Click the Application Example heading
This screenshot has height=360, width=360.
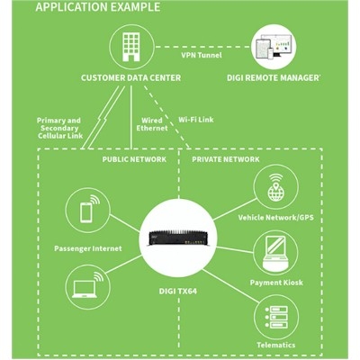point(98,7)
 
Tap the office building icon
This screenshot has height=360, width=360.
point(131,47)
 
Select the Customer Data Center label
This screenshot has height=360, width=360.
point(130,78)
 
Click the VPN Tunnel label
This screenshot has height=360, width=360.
point(202,55)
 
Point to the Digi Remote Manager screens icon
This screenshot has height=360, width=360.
point(274,47)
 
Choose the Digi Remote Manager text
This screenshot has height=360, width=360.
point(274,78)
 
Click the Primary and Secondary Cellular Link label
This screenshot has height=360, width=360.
point(59,128)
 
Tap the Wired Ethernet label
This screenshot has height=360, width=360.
point(152,124)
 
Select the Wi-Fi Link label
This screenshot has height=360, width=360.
point(196,120)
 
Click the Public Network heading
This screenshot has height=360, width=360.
point(134,159)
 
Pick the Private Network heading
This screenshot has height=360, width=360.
point(226,159)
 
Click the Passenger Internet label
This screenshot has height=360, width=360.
point(88,248)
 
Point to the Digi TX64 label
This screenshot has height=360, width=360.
point(178,292)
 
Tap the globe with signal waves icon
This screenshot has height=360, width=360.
point(275,187)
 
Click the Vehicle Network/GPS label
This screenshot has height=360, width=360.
point(276,217)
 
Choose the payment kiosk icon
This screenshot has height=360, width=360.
point(275,253)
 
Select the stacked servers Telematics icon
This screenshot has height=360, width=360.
point(276,318)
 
